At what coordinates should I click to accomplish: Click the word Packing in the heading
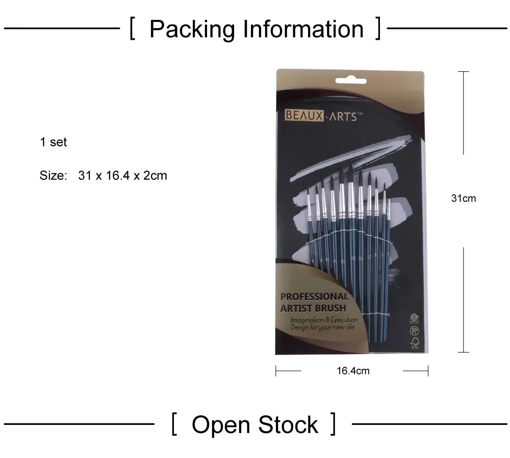[192, 30]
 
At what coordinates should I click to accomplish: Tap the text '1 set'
[54, 142]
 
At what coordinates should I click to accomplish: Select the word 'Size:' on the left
[53, 176]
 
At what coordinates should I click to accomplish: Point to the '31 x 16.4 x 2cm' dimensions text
[123, 176]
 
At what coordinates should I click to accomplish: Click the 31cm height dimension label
[463, 198]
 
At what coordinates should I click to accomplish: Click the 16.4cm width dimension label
[352, 371]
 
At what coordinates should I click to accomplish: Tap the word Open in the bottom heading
[221, 425]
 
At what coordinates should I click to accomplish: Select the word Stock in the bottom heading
[288, 425]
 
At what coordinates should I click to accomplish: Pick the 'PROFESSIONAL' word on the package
[314, 297]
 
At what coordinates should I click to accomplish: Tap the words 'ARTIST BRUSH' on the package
[313, 308]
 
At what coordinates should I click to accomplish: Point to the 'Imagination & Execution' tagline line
[324, 320]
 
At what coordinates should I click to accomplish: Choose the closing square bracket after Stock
[333, 424]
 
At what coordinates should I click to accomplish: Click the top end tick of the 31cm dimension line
[463, 72]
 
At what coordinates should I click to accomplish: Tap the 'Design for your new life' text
[322, 327]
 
